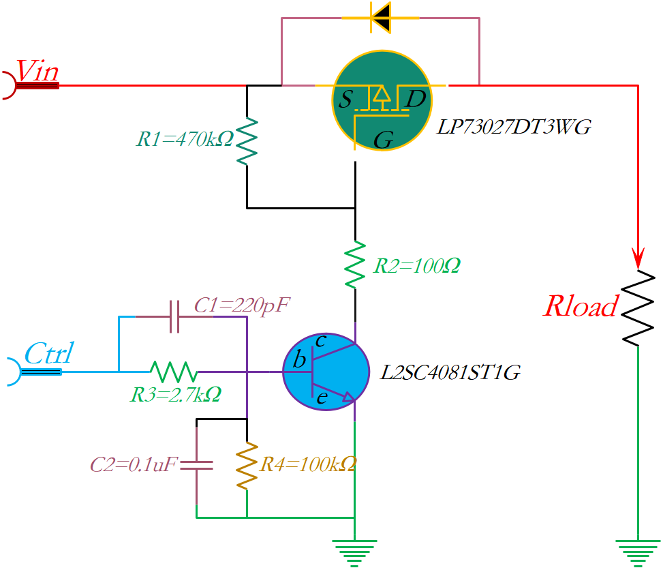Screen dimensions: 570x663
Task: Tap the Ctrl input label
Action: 48,354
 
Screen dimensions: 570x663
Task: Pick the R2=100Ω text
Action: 416,266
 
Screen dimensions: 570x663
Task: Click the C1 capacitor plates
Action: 174,316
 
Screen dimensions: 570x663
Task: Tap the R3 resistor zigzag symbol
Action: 174,372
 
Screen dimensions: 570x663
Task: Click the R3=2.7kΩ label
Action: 175,393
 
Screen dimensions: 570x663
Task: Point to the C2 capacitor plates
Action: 196,466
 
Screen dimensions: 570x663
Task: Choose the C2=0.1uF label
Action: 134,466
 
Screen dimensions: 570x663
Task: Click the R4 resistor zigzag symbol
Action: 247,465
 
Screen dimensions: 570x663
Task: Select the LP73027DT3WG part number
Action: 514,127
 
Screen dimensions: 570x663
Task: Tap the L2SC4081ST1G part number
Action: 450,373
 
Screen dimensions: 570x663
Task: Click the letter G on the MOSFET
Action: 384,140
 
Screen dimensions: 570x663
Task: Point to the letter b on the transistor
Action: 298,361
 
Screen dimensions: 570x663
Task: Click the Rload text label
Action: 580,307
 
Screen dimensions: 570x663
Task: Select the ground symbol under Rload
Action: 638,551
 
